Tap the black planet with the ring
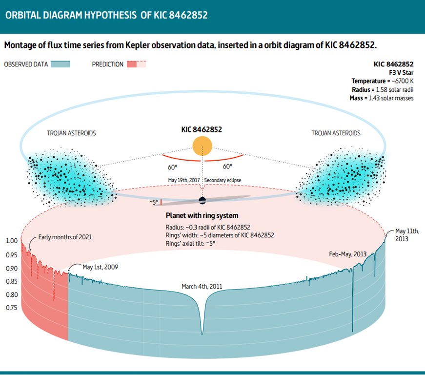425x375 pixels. [202, 200]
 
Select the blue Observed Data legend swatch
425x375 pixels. [60, 64]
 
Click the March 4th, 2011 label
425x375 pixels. [202, 287]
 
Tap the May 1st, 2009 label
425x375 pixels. [100, 267]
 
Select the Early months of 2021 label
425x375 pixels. [65, 237]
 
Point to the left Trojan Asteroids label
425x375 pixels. [71, 133]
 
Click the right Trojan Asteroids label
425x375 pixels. [336, 133]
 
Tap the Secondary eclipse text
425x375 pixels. [223, 180]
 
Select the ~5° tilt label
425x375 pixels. [154, 202]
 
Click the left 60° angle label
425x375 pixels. [172, 166]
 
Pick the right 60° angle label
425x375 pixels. [227, 166]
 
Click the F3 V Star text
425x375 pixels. [401, 72]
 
